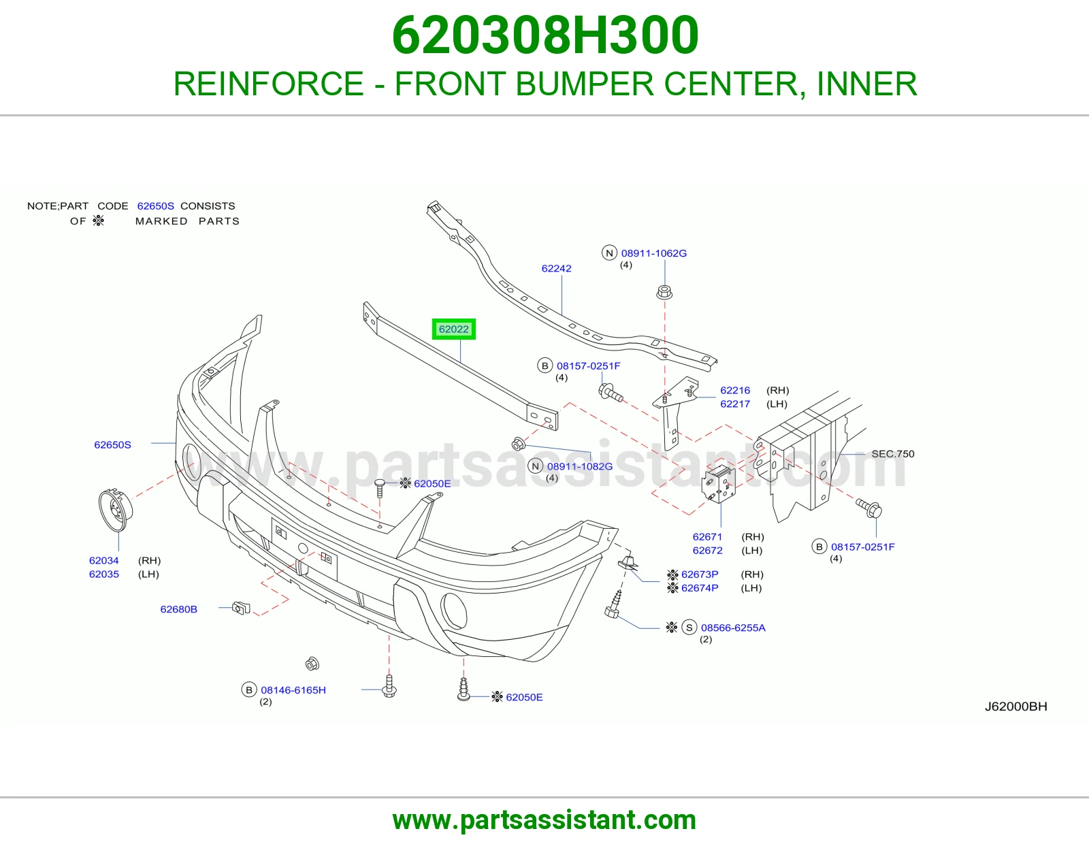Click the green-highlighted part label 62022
[453, 329]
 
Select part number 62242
[556, 268]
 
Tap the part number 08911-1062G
[653, 253]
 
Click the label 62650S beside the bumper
[113, 444]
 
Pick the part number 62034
[103, 560]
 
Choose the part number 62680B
[179, 609]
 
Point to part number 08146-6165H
[293, 689]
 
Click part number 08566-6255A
[733, 628]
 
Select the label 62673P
[700, 574]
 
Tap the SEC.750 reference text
[893, 453]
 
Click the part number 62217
[735, 404]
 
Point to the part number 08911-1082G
[580, 466]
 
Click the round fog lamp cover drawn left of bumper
[115, 510]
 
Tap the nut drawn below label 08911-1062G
[664, 292]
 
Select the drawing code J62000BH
[1015, 707]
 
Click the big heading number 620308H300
[545, 35]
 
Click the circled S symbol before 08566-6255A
[689, 628]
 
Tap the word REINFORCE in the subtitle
[269, 84]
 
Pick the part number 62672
[708, 551]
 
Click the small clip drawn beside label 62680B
[242, 608]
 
